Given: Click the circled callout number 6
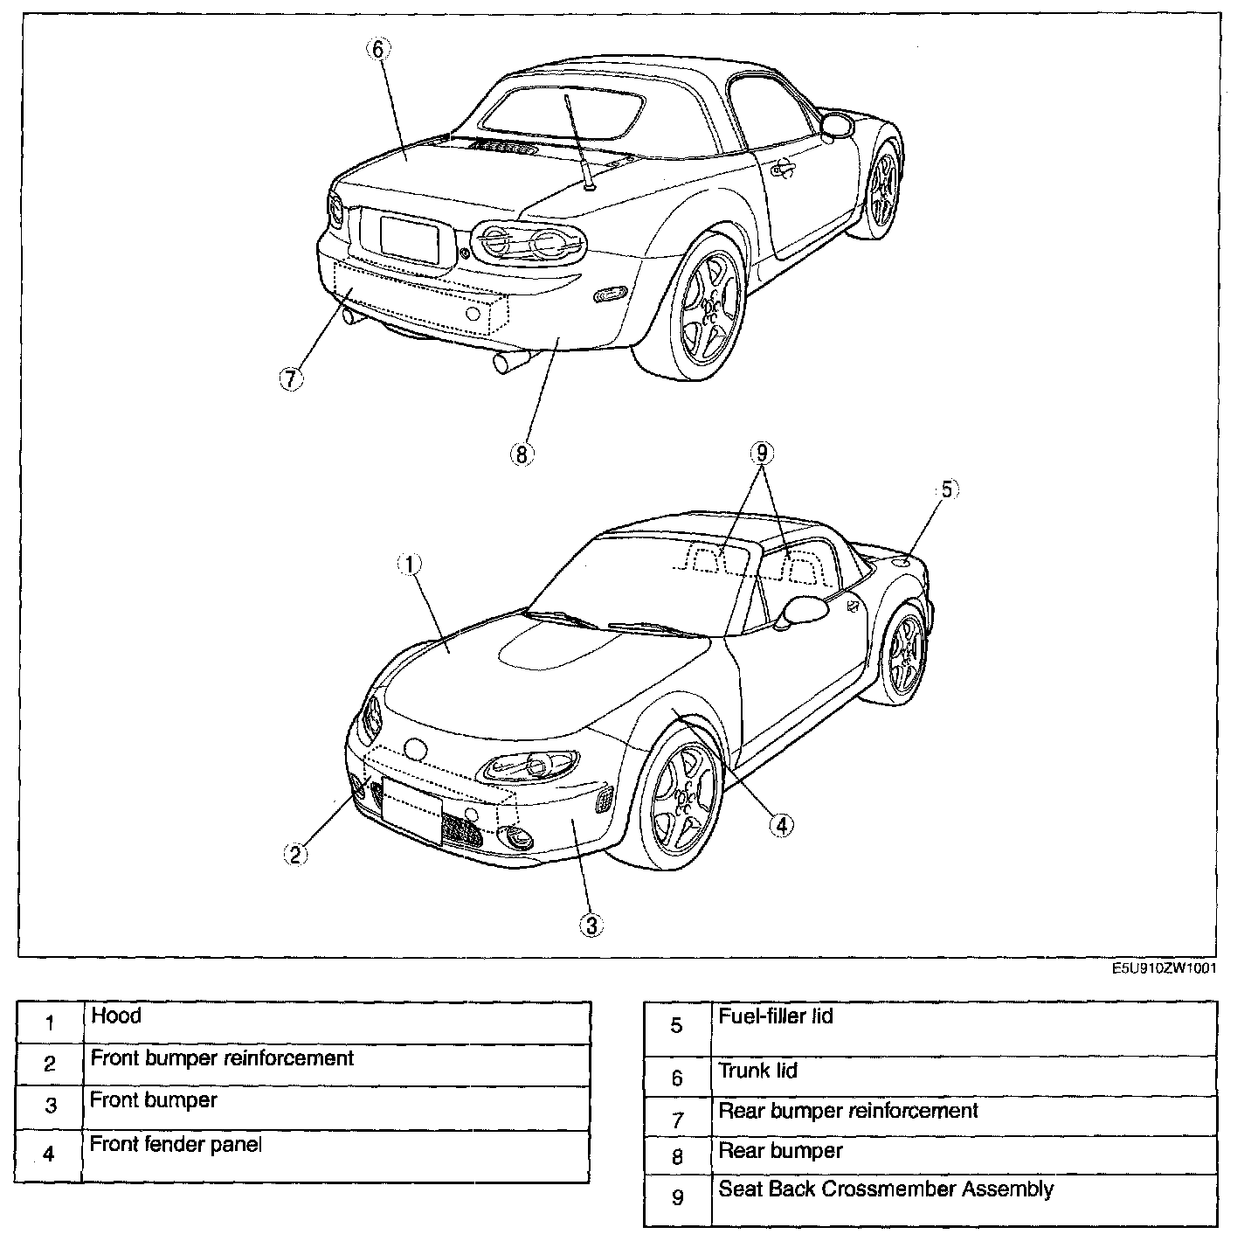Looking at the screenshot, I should point(377,49).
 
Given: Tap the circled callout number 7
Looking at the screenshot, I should point(291,378).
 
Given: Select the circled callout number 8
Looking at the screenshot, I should point(521,454).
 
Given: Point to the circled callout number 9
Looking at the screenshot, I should point(762,453).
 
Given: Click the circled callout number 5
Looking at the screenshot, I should point(948,490).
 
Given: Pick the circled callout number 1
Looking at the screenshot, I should point(410,565).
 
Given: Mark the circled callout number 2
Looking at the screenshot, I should point(295,854).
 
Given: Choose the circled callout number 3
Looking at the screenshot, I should point(591,926).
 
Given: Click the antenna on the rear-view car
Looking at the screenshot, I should point(578,140).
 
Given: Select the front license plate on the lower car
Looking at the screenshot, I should point(411,810).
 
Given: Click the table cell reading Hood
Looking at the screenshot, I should point(336,1022).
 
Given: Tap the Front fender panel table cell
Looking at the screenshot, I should point(336,1156).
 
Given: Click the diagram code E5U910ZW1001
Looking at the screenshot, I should point(1164,968).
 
